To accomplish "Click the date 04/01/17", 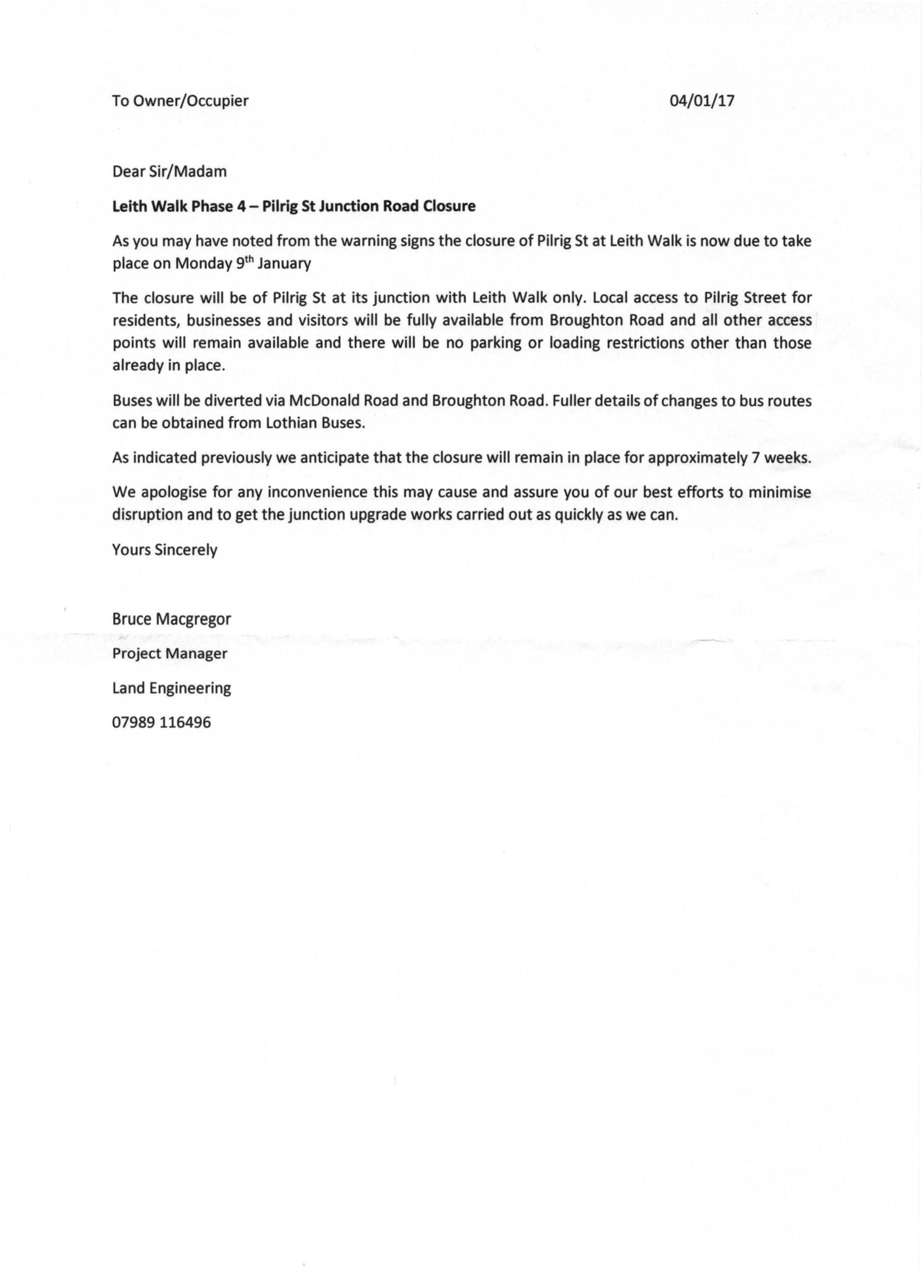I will coord(702,101).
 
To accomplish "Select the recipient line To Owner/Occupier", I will coord(180,101).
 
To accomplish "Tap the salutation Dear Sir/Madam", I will coord(169,172).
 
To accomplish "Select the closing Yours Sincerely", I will coord(164,550).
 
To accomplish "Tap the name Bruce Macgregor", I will coord(172,619).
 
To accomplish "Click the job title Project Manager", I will coord(169,654).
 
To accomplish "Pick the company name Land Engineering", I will coord(172,689).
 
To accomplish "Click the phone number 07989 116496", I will coord(162,722).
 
